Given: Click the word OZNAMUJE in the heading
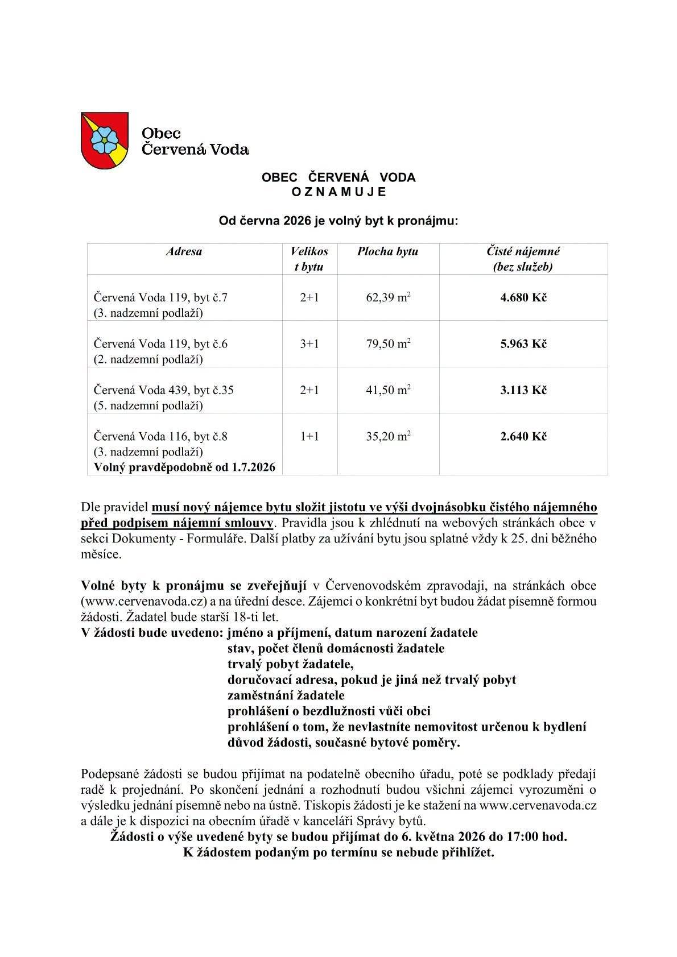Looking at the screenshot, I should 338,192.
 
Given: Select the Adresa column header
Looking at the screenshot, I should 184,251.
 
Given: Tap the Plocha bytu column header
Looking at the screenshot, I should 387,251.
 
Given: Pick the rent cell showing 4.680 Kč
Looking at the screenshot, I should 523,297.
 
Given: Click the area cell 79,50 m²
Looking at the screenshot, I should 388,343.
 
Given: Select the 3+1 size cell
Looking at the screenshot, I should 309,343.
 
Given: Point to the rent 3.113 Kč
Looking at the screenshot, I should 523,390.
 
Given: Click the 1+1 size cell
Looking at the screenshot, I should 309,436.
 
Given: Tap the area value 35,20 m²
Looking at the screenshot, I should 388,436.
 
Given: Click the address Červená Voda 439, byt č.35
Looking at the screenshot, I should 164,390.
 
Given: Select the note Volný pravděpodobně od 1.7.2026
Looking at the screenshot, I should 181,467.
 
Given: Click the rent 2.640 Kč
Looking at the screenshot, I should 523,436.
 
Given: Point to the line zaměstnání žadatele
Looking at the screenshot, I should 286,695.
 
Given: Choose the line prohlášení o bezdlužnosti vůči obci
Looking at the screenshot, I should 329,711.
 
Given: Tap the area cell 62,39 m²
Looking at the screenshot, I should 388,297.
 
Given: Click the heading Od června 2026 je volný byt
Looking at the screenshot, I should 338,221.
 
